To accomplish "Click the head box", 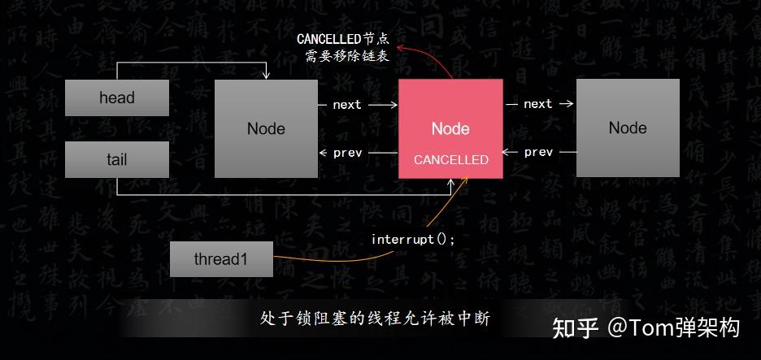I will pyautogui.click(x=117, y=98).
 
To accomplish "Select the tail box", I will pyautogui.click(x=117, y=159).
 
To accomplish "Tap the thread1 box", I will pyautogui.click(x=221, y=259).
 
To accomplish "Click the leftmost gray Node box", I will pyautogui.click(x=266, y=128).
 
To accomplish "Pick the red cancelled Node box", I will pyautogui.click(x=450, y=114).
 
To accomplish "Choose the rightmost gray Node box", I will pyautogui.click(x=628, y=128).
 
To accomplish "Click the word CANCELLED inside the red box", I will pyautogui.click(x=451, y=160).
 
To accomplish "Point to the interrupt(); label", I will pyautogui.click(x=413, y=240).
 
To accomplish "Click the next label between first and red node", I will pyautogui.click(x=347, y=104).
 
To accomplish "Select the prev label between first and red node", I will pyautogui.click(x=347, y=152).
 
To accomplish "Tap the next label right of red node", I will pyautogui.click(x=538, y=104).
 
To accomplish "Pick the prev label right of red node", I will pyautogui.click(x=538, y=152).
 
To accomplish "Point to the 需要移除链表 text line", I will pyautogui.click(x=341, y=57).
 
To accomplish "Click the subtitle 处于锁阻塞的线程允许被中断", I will pyautogui.click(x=375, y=319).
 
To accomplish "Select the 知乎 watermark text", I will pyautogui.click(x=576, y=327).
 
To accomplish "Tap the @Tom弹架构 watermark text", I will pyautogui.click(x=674, y=327).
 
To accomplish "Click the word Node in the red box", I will pyautogui.click(x=450, y=128).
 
